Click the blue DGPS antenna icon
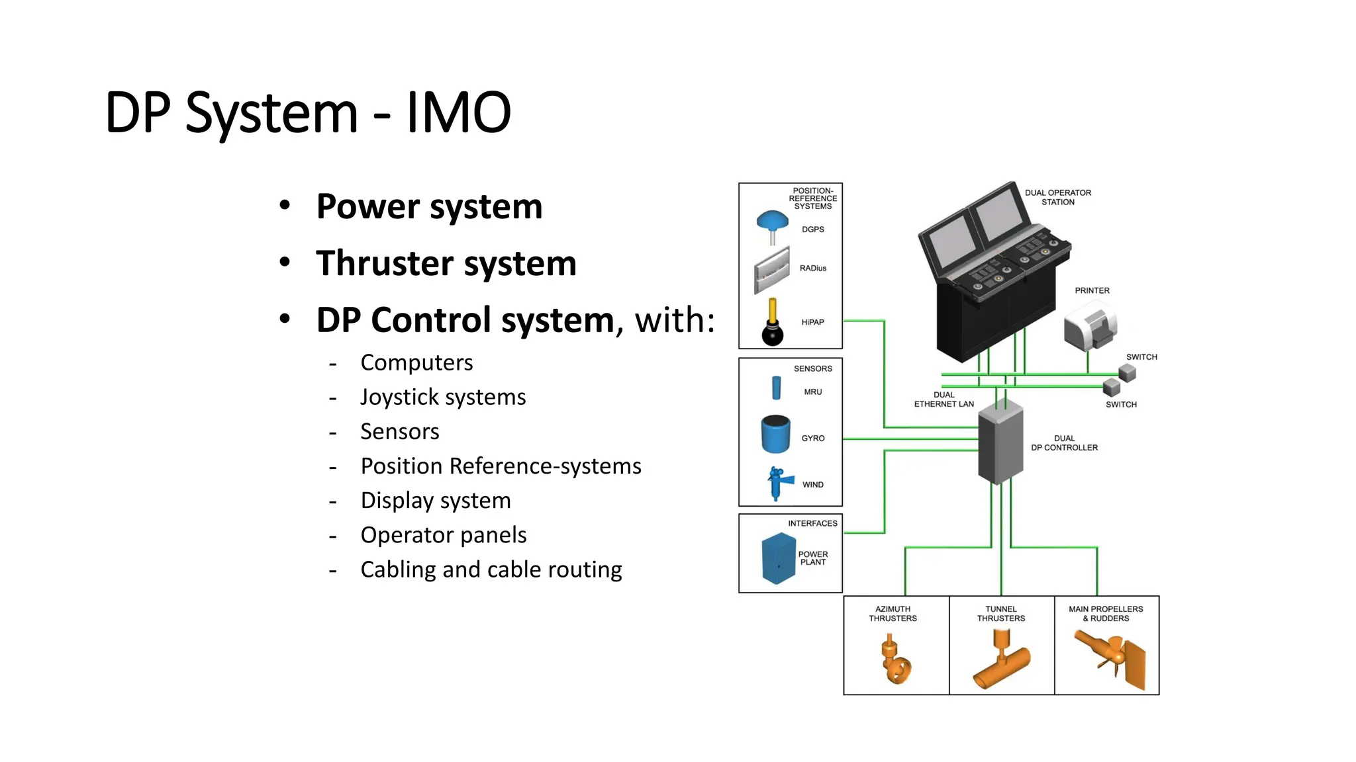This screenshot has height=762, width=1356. coord(772,224)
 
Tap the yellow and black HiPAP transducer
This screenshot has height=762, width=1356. coord(773,323)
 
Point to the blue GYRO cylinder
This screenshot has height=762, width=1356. coord(775,434)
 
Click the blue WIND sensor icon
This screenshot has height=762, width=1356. coord(777,483)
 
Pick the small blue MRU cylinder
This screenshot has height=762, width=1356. coord(777,388)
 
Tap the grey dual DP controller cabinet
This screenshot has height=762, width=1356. coord(1000,443)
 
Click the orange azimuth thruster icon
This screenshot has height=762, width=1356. coord(895,659)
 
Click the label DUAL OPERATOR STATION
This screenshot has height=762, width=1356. coord(1057,197)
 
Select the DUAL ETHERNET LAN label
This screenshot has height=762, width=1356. coord(944,400)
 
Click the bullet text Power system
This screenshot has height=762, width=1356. coord(429,206)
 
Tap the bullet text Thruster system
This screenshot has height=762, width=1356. coord(446,263)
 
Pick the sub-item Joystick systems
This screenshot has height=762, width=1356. coord(443,397)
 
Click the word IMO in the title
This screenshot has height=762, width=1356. coord(458,112)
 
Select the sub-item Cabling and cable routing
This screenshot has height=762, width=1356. coord(491,570)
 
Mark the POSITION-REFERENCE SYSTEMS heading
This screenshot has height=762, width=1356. coord(812,198)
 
